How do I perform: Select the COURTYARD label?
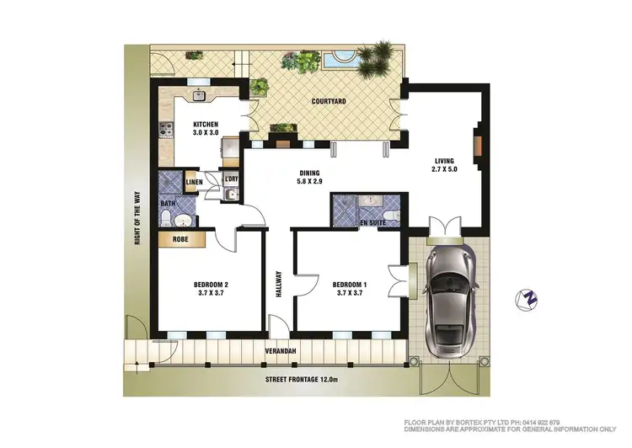coord(329,102)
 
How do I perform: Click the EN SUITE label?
coord(372,222)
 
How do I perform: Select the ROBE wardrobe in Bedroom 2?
coord(180,240)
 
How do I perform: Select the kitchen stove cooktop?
coord(164,130)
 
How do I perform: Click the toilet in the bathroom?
coord(169,221)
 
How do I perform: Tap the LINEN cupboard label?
coord(194,182)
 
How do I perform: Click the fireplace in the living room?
coord(477,144)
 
